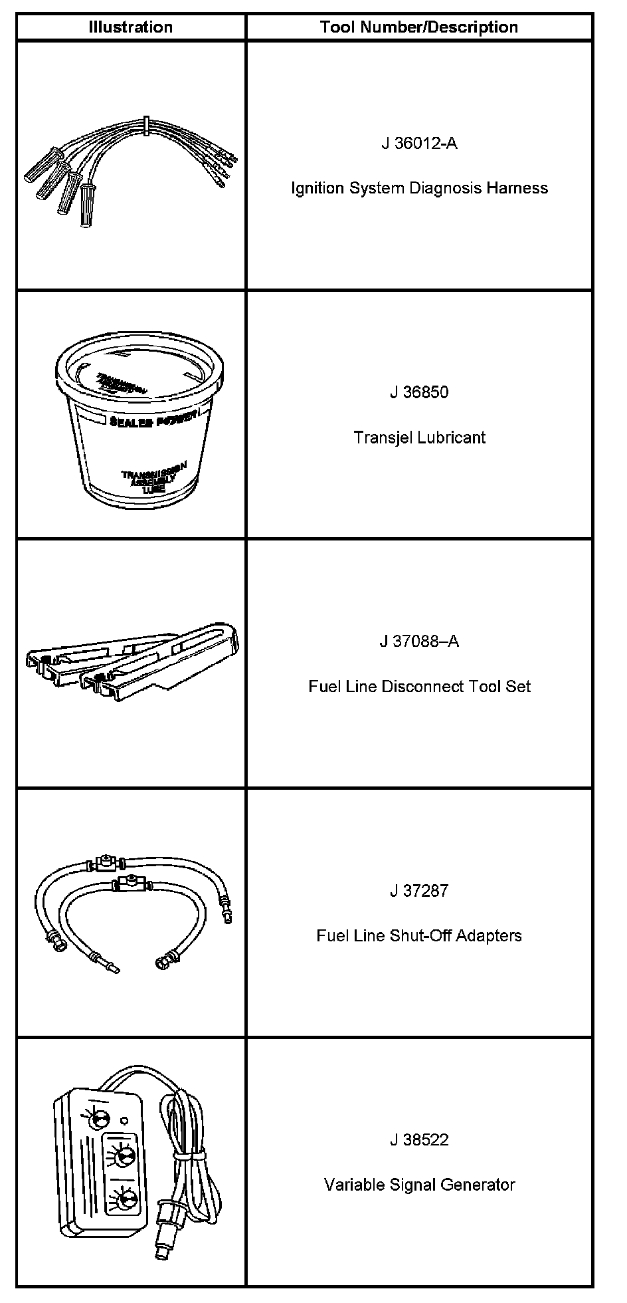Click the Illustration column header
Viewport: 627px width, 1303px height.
point(131,27)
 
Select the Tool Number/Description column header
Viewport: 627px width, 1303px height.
point(418,27)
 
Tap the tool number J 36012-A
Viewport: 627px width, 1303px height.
point(419,143)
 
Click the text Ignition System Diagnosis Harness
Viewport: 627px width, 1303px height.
point(419,188)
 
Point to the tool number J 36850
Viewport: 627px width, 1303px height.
point(419,392)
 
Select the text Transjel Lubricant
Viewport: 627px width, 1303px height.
point(419,437)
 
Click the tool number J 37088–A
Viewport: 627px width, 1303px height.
point(419,642)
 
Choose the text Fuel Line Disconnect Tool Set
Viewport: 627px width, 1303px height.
point(419,686)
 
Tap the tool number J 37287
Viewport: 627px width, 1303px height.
point(419,891)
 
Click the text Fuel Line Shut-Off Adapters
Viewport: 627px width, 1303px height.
point(419,935)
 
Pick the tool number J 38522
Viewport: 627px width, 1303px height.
point(419,1139)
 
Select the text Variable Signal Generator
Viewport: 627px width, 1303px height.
point(419,1185)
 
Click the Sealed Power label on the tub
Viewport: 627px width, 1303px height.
point(154,422)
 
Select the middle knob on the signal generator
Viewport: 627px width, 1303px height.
point(122,1158)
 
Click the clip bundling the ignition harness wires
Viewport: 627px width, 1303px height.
point(145,126)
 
